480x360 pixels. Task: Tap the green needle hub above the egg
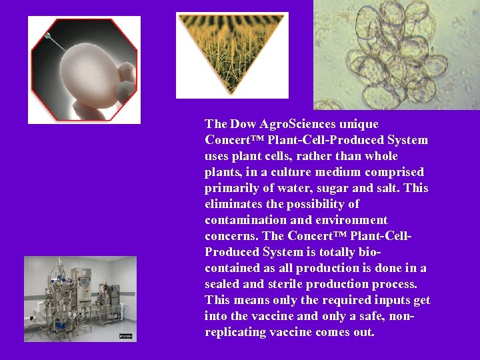tap(49, 35)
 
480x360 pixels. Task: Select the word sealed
tap(223, 284)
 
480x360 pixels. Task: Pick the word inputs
tap(376, 300)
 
